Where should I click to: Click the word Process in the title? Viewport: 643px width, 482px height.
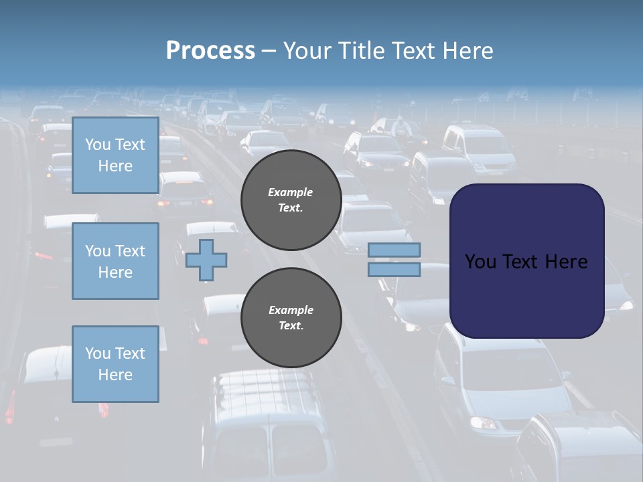pos(210,51)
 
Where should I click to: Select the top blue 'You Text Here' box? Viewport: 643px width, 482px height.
pos(115,155)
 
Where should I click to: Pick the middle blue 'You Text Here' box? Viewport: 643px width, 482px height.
pos(115,261)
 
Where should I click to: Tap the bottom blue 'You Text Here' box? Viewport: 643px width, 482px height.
pos(115,364)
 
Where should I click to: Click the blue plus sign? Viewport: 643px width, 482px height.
pos(206,260)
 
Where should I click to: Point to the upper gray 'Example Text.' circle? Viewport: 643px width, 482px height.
pos(291,199)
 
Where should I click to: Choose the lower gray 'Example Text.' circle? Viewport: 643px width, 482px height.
pos(291,317)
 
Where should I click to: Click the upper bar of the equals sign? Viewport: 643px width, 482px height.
pos(394,250)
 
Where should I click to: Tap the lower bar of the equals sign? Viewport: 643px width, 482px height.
pos(394,269)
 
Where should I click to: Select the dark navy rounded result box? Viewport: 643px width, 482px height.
pos(526,260)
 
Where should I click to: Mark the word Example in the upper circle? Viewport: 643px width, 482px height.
pos(291,192)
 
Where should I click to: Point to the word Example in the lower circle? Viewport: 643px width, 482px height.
pos(291,310)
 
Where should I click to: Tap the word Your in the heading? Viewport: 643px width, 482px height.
pos(307,51)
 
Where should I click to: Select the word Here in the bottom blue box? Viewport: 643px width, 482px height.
pos(115,375)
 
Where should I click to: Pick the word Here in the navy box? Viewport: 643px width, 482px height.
pos(567,261)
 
